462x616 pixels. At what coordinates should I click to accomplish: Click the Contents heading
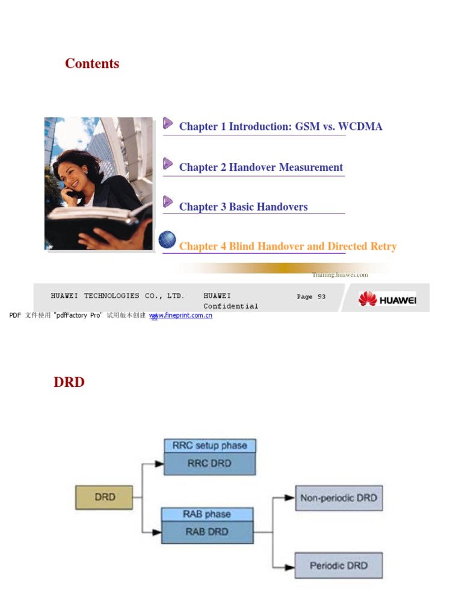coord(92,64)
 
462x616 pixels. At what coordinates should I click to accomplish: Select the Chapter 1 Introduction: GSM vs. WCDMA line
coord(280,126)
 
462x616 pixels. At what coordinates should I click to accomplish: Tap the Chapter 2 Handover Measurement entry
coord(261,167)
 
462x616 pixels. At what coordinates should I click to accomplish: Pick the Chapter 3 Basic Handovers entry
coord(243,207)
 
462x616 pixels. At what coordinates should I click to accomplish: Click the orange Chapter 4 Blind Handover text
coord(288,247)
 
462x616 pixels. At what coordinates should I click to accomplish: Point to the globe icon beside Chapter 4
coord(167,240)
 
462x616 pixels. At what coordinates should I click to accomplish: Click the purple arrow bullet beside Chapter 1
coord(168,123)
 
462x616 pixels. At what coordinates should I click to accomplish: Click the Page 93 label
coord(311,297)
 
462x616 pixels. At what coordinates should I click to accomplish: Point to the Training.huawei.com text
coord(340,275)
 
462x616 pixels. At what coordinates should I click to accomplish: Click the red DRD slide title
coord(69,382)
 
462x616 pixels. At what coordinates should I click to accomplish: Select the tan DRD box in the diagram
coord(104,497)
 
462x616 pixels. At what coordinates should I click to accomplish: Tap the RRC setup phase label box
coord(209,446)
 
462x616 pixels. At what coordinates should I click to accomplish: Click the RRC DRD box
coord(209,464)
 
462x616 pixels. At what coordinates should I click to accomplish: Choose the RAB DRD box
coord(206,532)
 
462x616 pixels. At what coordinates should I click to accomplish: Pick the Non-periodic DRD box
coord(339,498)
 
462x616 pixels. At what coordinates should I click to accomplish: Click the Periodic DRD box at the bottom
coord(339,565)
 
